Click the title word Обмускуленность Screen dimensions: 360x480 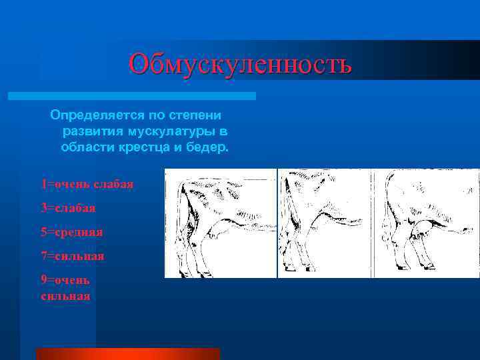click(x=240, y=64)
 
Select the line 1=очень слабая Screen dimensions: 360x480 click(x=87, y=183)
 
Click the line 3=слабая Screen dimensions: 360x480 click(x=68, y=208)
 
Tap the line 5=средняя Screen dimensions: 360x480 click(x=71, y=232)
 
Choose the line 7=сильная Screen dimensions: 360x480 click(x=72, y=255)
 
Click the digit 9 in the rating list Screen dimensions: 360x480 click(x=44, y=279)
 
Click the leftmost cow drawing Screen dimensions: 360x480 click(x=220, y=223)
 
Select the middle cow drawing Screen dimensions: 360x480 click(x=324, y=223)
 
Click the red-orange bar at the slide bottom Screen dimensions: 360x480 click(x=127, y=353)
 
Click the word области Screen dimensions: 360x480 click(x=83, y=147)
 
